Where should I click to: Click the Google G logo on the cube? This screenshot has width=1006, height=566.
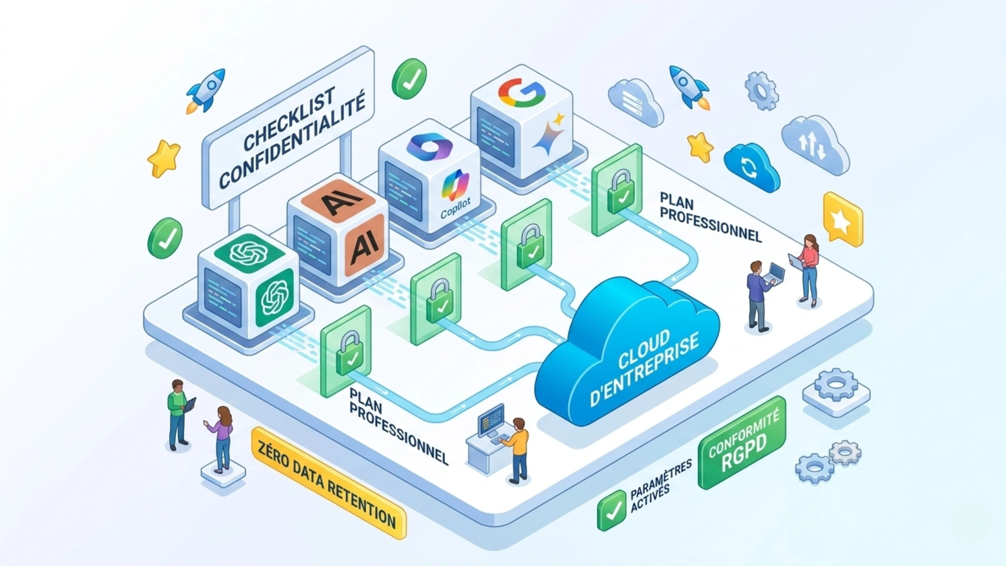click(522, 93)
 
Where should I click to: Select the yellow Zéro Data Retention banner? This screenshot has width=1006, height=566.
click(328, 483)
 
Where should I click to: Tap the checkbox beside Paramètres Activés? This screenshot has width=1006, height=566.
click(611, 510)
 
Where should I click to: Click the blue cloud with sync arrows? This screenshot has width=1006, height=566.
click(751, 167)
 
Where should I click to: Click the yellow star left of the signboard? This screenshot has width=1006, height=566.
click(164, 158)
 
